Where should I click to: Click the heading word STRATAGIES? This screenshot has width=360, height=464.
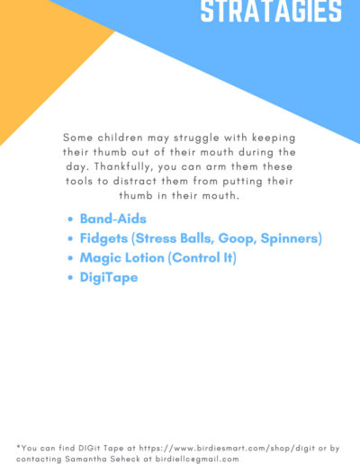(x=271, y=11)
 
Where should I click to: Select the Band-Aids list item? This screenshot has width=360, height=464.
(x=113, y=219)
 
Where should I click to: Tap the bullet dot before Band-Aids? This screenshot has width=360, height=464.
(x=70, y=219)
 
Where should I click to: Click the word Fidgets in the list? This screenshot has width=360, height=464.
(x=103, y=239)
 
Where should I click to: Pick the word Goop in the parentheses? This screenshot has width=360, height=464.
(x=237, y=239)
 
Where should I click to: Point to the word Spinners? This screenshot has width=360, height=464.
(x=289, y=238)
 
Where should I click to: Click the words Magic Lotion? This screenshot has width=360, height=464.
(x=121, y=258)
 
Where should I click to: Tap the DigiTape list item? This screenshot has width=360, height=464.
(x=109, y=278)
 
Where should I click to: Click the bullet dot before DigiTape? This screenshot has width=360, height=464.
(x=70, y=278)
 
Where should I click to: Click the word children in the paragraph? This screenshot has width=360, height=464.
(x=120, y=138)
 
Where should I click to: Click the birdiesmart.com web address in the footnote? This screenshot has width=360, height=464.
(x=227, y=449)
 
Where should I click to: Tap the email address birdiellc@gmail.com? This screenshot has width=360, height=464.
(x=197, y=459)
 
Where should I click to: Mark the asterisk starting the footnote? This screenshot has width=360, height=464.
(x=18, y=447)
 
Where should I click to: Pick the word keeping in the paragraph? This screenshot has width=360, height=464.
(x=274, y=138)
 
